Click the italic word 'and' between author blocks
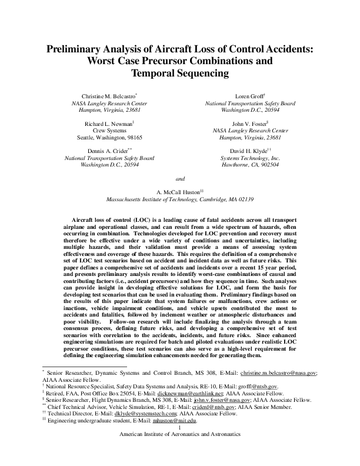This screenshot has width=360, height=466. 181,178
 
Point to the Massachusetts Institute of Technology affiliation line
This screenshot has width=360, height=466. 179,199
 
